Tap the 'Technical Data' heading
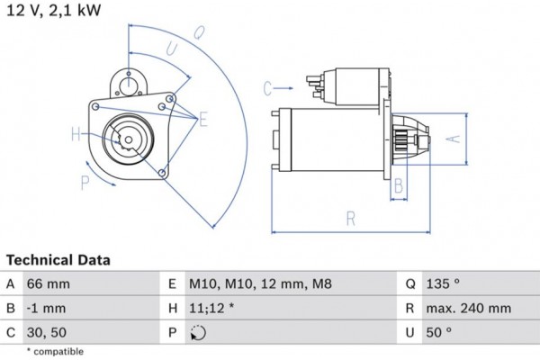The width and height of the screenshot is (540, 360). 58,260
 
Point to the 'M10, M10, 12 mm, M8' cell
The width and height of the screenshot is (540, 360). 259,283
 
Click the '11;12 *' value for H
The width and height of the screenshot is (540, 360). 212,309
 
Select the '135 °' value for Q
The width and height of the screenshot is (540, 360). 446,283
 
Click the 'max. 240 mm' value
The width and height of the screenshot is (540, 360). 469,309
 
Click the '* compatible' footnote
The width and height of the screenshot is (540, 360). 55,351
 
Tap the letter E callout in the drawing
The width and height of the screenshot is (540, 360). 203,119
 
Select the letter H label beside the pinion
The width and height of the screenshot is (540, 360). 76,136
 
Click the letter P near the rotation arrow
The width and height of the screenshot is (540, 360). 85,182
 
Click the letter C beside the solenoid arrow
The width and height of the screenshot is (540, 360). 267,88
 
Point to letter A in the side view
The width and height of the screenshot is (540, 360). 454,139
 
